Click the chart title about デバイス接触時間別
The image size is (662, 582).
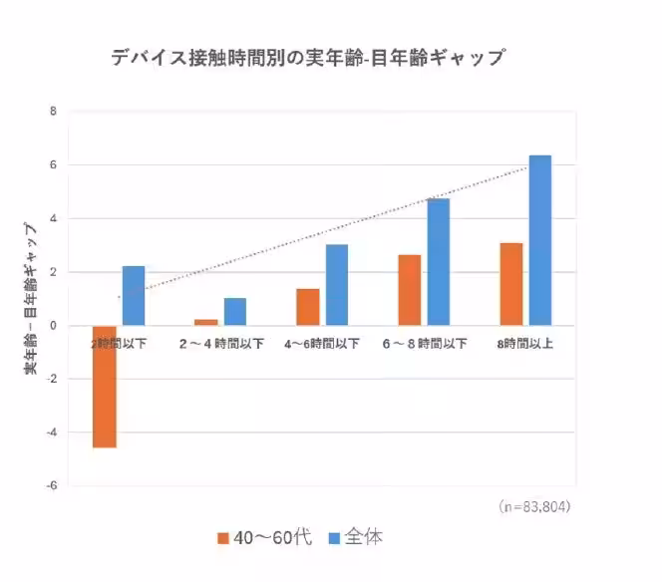pos(307,57)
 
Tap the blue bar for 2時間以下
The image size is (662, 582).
pos(133,295)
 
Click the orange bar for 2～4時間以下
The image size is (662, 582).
pos(206,322)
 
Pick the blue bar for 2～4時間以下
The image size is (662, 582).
pos(234,311)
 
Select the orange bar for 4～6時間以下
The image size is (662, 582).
pos(308,307)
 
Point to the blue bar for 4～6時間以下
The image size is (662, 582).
pos(336,284)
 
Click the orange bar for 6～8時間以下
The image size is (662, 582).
pos(410,290)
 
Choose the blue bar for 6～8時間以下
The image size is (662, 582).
pos(439,261)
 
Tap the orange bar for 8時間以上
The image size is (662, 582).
pos(511,284)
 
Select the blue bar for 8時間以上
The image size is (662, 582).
pos(539,240)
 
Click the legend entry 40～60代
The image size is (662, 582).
pos(263,537)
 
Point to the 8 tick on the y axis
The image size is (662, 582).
pos(53,112)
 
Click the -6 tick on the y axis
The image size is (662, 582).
pos(51,486)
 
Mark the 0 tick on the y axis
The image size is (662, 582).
pos(53,326)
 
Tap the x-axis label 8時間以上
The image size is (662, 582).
pos(525,343)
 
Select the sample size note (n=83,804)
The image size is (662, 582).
pos(533,506)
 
